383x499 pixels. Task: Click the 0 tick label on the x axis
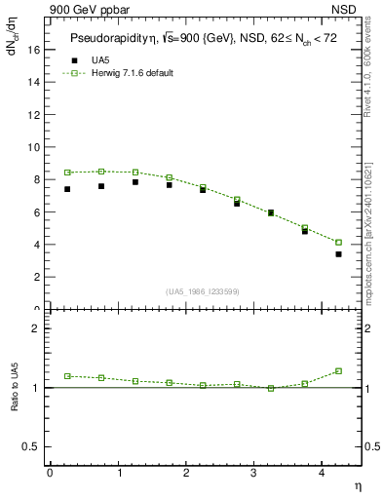click(50, 473)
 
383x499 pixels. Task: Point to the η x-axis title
click(357, 484)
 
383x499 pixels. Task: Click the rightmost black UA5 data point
click(338, 254)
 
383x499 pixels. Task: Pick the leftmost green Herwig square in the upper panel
click(67, 173)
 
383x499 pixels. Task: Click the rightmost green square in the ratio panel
click(338, 371)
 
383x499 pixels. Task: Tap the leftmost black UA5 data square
click(67, 189)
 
